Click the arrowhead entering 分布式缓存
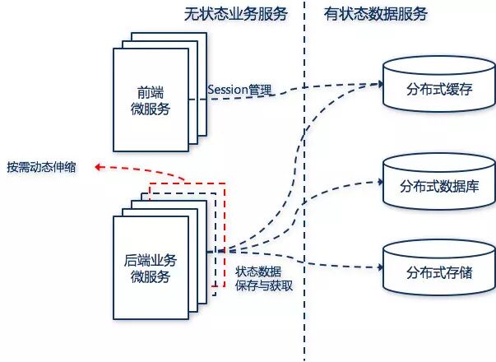pos(380,83)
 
